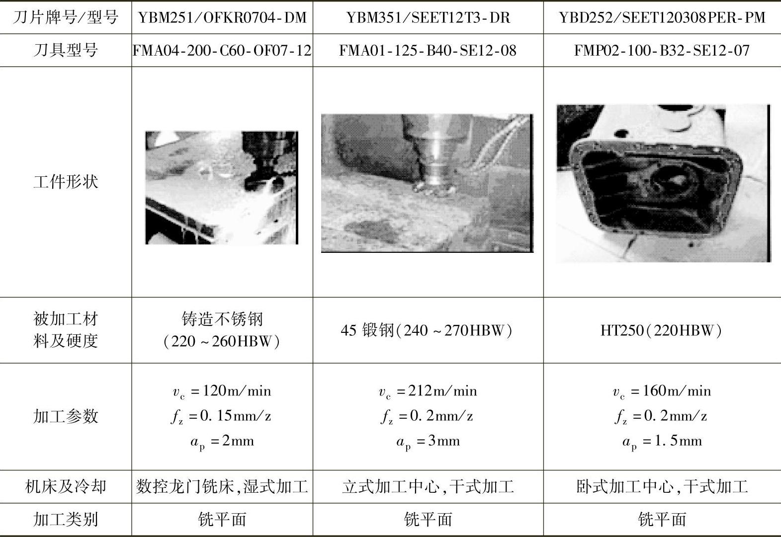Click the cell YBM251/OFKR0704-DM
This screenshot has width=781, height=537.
tap(222, 17)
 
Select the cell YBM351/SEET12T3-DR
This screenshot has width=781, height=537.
tap(428, 17)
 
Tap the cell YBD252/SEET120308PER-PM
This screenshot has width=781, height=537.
tap(662, 17)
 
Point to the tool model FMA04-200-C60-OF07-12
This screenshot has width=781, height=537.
tap(222, 51)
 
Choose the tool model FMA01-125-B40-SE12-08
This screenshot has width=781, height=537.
tap(428, 51)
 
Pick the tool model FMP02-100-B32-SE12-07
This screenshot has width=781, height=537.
tap(662, 51)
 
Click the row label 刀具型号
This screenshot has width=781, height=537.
tap(66, 50)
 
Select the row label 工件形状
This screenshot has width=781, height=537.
tap(66, 181)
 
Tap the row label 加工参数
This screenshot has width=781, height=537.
tap(66, 416)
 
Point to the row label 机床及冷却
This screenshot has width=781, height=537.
tap(66, 486)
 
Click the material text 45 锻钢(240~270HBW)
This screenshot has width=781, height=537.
tap(427, 330)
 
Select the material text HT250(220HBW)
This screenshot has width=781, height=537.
tap(661, 330)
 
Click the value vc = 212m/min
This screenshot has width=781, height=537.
tap(428, 391)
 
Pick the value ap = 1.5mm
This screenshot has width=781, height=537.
tap(662, 442)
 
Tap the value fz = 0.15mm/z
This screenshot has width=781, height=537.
tap(221, 416)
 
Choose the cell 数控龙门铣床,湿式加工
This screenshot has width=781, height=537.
tap(222, 486)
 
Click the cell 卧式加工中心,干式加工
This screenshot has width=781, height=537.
tap(662, 486)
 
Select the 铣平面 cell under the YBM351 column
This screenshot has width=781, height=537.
tap(428, 519)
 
